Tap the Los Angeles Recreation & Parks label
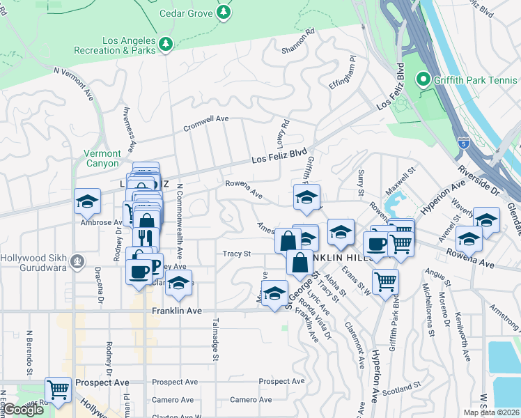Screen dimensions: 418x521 pos(130,45)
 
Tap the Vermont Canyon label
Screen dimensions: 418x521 pos(102,157)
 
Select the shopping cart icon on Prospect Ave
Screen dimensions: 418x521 pos(58,389)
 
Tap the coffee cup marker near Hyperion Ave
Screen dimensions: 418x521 pos(377,245)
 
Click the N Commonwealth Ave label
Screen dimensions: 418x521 pos(179,219)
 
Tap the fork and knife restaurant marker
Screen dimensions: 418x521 pos(146,238)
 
